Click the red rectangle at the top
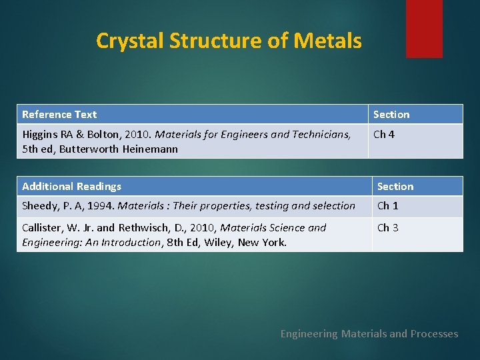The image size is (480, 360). click(424, 28)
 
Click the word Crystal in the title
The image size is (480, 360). click(129, 41)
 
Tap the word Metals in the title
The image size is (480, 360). click(330, 41)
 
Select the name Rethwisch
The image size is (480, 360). click(148, 228)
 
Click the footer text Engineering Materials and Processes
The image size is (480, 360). click(369, 334)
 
